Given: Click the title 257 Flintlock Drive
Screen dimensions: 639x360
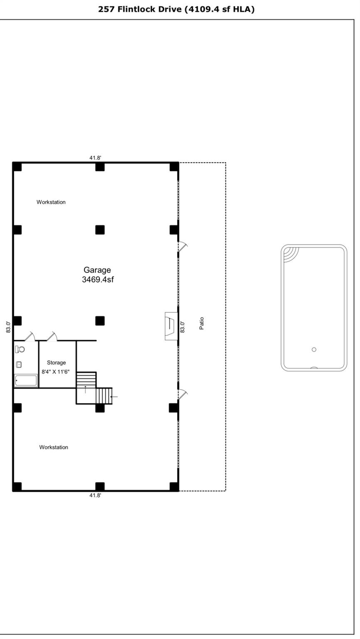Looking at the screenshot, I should coord(176,9).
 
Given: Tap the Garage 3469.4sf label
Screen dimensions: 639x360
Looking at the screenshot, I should coord(97,275).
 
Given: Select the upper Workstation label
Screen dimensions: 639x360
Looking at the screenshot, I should coord(51,202).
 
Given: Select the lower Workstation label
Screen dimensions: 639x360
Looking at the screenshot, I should coord(54,447).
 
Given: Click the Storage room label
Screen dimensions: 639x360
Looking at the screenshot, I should coord(56,363).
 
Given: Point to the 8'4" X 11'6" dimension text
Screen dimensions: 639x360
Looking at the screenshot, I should coord(56,372).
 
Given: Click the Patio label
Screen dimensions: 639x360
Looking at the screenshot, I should coord(202,323).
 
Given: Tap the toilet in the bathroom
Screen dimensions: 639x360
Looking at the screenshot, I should coord(20,349).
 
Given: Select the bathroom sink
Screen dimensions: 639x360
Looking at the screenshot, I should coord(19,365).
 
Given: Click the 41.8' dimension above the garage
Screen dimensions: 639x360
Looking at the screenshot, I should coord(95,158).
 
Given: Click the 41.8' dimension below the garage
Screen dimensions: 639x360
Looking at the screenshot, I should coord(95,495).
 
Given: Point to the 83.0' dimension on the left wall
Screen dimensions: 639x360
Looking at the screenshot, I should coord(8,327).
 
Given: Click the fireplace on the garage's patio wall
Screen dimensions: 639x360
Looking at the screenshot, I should coord(171,326).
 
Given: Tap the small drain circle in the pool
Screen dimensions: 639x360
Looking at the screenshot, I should coord(314,349).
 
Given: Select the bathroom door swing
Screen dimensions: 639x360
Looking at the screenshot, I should coord(30,336).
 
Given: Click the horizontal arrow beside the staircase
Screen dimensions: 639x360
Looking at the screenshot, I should coord(114,397).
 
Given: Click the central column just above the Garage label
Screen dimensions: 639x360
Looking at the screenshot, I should coord(100,230).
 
